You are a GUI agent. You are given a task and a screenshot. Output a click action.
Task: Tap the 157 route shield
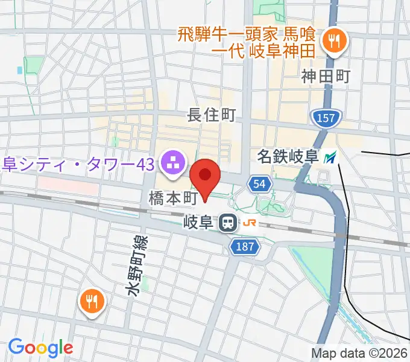pos(324,118)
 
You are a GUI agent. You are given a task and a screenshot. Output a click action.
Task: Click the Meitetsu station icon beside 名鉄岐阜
pos(329,158)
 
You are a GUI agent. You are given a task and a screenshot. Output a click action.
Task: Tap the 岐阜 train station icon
pos(228,223)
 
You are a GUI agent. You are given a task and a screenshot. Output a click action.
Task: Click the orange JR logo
pos(249,223)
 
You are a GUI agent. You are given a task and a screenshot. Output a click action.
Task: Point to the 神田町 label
pos(326,77)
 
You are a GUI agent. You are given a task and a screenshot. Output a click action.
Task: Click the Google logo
pos(40,348)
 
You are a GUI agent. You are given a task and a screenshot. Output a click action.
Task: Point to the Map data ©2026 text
pos(359,353)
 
